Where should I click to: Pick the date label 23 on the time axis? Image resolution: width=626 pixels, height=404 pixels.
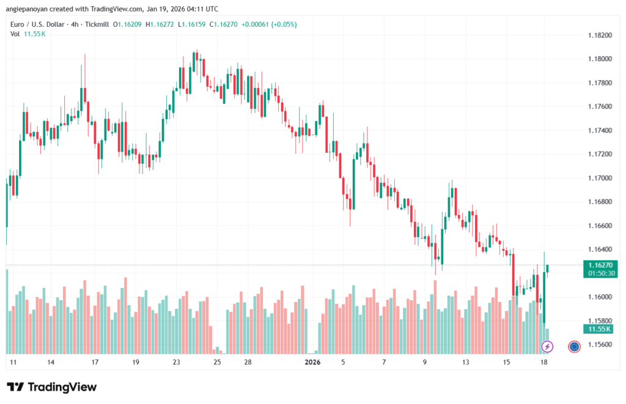177,362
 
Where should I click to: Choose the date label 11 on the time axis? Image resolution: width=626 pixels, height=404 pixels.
12,362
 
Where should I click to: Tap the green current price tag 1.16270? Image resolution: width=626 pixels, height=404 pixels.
600,265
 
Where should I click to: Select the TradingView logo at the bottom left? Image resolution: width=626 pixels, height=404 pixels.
51,387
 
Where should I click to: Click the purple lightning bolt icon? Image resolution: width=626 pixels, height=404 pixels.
547,347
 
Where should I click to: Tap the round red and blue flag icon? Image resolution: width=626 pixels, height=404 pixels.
574,347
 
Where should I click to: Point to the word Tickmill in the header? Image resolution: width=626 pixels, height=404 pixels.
97,23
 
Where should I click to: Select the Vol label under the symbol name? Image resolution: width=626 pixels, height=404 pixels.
15,34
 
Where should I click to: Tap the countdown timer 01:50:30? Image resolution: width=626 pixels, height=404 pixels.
600,273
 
